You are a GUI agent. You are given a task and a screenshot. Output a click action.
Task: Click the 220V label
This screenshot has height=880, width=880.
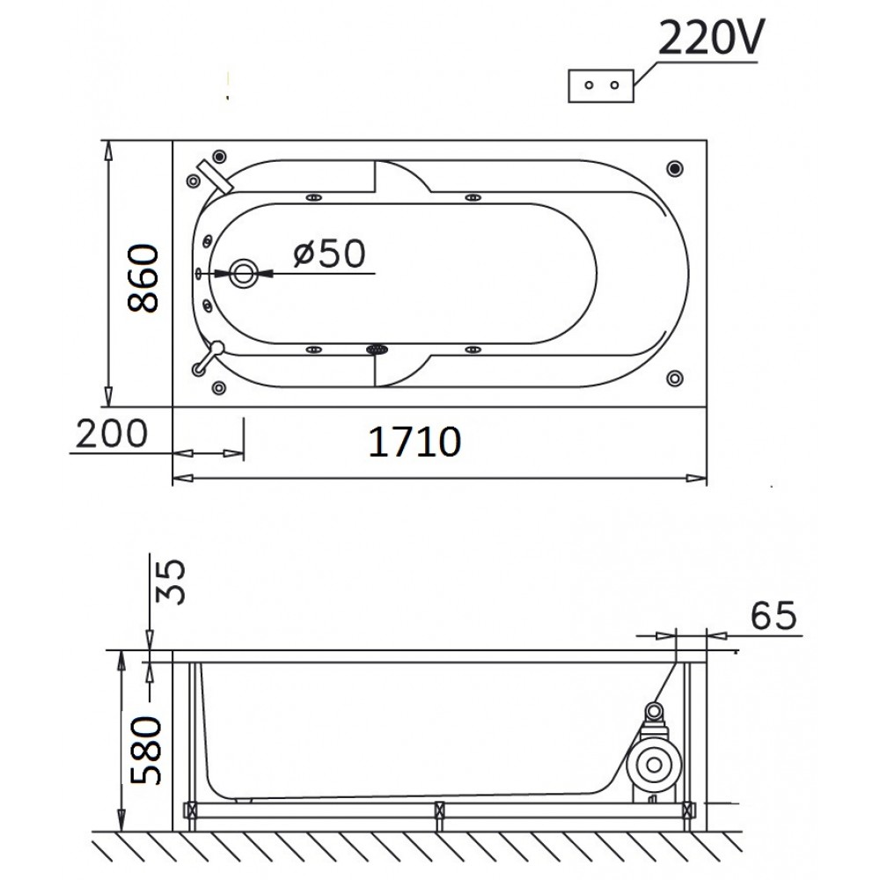pos(711,38)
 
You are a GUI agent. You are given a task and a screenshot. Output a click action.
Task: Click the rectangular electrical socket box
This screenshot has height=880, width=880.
pos(601,86)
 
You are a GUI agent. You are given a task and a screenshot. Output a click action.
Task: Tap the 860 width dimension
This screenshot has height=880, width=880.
pos(143,277)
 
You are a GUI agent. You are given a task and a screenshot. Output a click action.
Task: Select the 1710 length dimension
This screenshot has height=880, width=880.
pos(414,442)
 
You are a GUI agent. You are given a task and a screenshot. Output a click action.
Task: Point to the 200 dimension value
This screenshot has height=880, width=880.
pos(111,433)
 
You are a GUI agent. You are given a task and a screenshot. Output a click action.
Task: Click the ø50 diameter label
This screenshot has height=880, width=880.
pos(329,253)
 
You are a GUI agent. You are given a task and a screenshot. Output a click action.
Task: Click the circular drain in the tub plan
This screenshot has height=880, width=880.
pos(244,274)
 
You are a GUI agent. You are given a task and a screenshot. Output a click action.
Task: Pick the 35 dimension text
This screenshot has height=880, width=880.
pos(170,582)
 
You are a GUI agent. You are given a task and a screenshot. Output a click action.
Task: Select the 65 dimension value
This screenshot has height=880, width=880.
pos(774,615)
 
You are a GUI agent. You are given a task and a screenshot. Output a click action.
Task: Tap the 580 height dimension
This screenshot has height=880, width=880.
pos(146,751)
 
